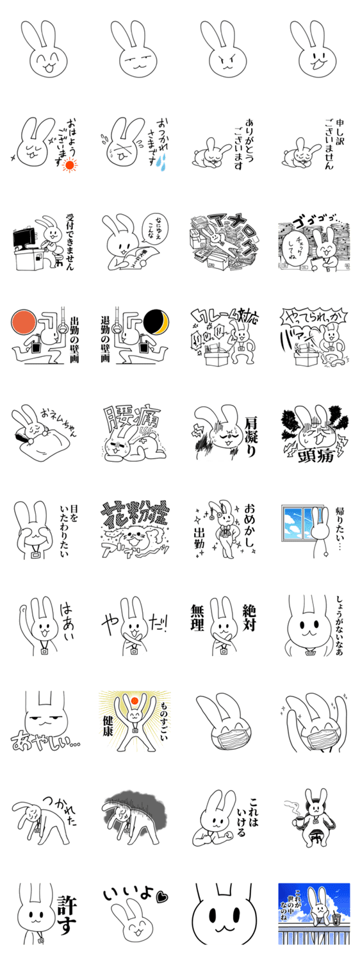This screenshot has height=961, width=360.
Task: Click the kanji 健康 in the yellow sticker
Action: (x=110, y=728)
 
